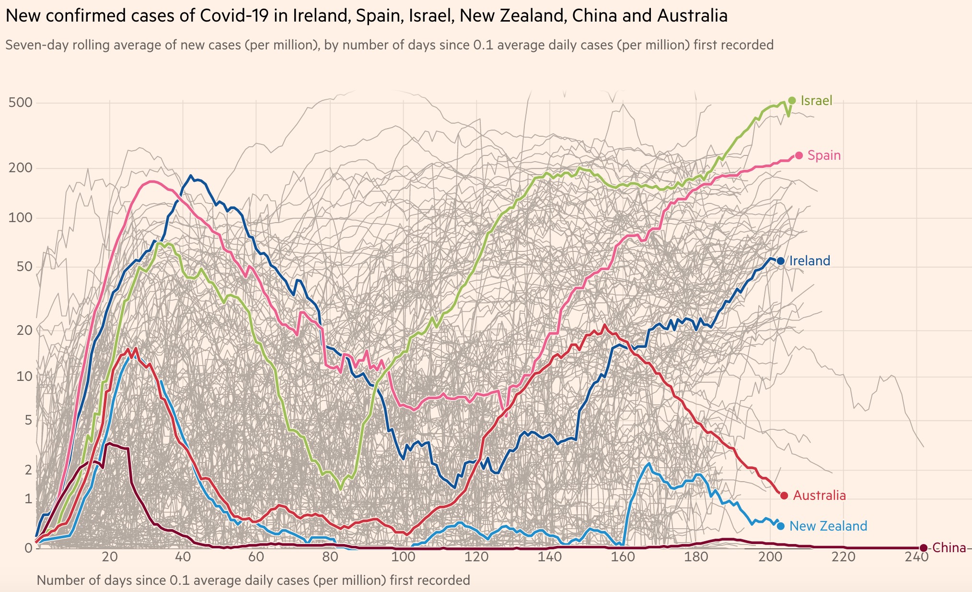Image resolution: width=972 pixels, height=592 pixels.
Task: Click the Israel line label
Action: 816,101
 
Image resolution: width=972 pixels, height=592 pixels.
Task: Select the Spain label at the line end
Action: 824,155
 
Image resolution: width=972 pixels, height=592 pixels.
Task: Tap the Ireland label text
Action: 810,261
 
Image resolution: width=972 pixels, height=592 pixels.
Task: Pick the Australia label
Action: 819,496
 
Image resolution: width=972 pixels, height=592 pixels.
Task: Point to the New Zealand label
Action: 828,526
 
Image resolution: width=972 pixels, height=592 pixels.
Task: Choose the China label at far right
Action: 949,548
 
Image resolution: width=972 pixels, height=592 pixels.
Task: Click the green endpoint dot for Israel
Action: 792,100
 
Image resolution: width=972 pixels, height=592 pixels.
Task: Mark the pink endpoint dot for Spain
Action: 799,155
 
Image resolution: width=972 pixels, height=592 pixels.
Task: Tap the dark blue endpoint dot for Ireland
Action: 781,261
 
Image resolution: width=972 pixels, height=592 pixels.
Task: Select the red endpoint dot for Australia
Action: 784,496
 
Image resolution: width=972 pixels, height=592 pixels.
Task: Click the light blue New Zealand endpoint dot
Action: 781,526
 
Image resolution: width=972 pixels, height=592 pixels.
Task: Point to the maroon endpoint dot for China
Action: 924,548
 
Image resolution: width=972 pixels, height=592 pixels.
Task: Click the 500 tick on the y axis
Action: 20,103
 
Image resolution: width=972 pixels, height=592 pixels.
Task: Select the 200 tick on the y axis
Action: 20,168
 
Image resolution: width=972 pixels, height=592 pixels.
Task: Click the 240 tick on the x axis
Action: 916,557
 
